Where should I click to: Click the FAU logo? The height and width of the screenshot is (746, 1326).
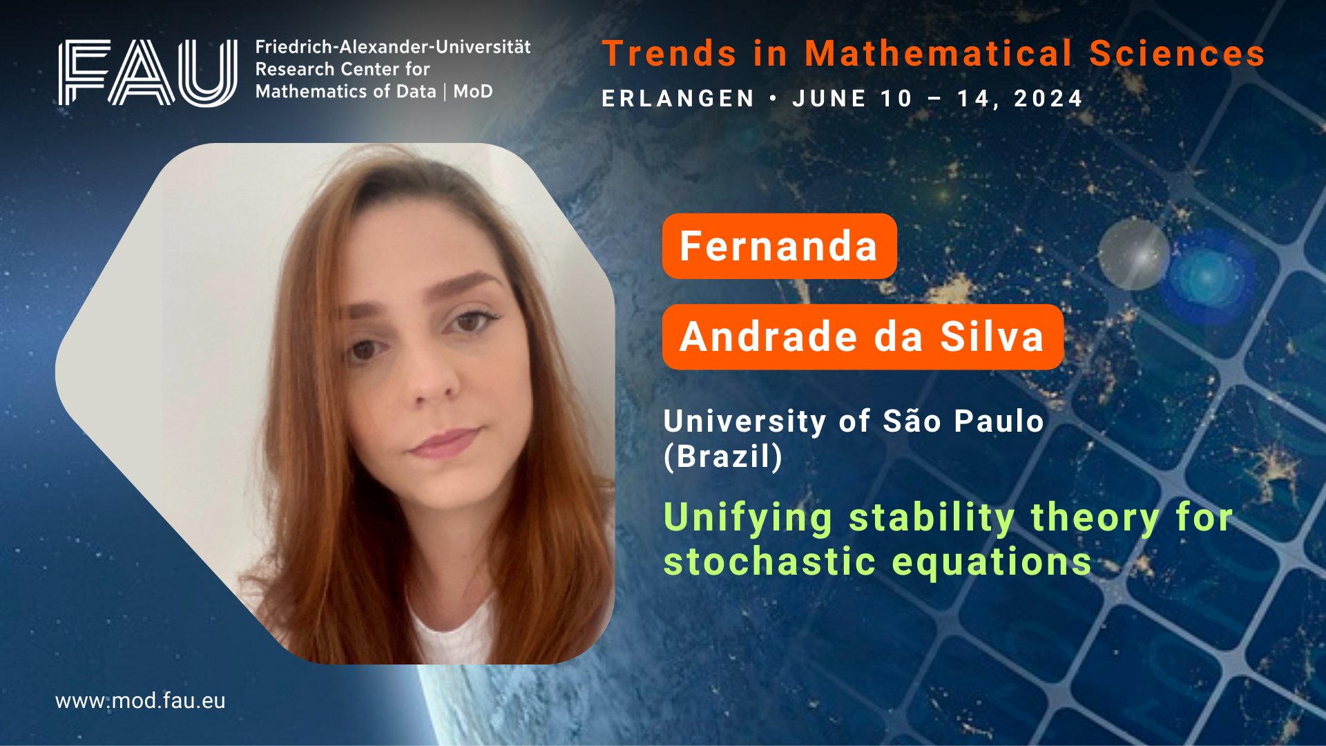148,73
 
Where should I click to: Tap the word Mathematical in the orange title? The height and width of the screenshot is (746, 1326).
939,53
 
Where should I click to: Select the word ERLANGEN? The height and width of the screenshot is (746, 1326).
678,99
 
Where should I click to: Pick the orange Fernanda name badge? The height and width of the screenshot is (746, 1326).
779,246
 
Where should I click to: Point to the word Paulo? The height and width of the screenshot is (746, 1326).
999,421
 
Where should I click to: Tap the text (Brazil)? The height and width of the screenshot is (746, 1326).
723,457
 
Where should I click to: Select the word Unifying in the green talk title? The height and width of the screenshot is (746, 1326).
748,519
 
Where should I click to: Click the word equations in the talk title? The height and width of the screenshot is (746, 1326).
992,562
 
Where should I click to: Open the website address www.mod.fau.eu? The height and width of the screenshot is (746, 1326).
140,701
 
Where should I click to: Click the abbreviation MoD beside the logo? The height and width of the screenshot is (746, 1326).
473,91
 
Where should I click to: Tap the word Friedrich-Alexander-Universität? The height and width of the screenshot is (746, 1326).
393,47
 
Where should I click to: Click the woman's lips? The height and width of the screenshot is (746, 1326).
444,443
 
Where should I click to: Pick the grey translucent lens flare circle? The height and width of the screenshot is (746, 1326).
1133,254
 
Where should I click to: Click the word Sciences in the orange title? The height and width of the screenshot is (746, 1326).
1177,53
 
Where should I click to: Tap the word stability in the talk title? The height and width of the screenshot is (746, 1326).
932,519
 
